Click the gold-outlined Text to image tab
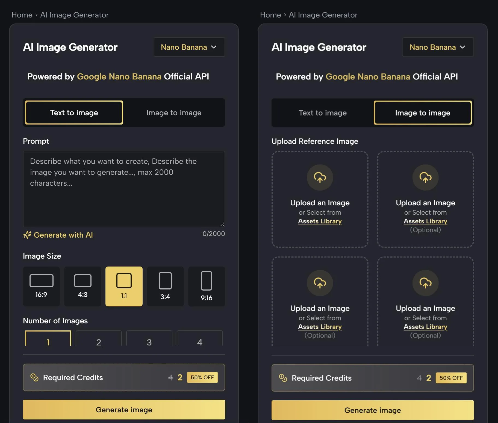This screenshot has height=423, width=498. click(x=74, y=113)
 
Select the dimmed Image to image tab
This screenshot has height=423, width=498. click(x=174, y=113)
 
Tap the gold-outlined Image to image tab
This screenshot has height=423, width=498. click(x=423, y=113)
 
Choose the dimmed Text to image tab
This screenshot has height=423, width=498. click(x=323, y=113)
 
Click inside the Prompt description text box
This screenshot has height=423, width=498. click(x=124, y=189)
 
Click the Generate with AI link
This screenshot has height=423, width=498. click(x=58, y=235)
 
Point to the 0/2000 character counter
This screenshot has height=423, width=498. click(x=214, y=234)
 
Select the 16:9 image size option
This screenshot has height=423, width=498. click(x=41, y=286)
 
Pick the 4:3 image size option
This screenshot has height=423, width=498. click(x=82, y=286)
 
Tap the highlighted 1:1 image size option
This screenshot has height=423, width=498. click(x=124, y=286)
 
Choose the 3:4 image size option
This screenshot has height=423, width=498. click(x=165, y=286)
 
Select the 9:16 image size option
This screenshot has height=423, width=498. click(x=207, y=286)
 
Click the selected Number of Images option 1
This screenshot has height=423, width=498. click(x=48, y=339)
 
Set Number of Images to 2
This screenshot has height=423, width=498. click(x=99, y=339)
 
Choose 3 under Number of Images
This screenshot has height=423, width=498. click(x=149, y=339)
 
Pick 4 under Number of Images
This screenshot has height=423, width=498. click(x=200, y=339)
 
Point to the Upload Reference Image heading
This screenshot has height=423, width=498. click(x=315, y=141)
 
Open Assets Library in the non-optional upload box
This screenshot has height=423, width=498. click(x=320, y=221)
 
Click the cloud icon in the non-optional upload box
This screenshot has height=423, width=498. click(x=320, y=178)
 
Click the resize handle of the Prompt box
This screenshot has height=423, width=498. click(x=222, y=224)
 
